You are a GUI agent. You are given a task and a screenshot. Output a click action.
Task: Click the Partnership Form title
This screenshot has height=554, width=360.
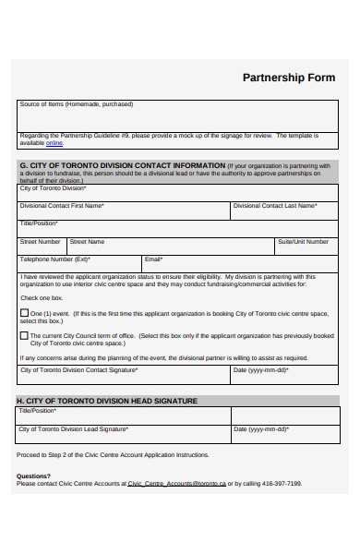click(x=288, y=78)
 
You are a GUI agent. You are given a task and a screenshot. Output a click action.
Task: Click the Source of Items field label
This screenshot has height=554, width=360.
click(x=77, y=104)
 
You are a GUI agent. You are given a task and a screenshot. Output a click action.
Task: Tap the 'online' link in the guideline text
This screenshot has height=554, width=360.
click(x=54, y=143)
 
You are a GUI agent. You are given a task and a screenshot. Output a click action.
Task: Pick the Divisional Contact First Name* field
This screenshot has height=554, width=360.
click(x=124, y=211)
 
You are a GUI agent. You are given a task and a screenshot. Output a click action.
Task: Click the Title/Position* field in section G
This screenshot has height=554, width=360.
click(x=179, y=228)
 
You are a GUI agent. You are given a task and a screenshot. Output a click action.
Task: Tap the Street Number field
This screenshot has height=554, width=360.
click(x=41, y=247)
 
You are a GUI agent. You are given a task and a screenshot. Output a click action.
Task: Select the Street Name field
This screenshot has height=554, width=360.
click(x=171, y=247)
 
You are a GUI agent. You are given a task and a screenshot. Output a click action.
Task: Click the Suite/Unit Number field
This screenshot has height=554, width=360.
click(x=306, y=247)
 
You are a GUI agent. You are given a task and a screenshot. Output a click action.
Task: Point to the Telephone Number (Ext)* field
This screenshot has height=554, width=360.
click(x=78, y=264)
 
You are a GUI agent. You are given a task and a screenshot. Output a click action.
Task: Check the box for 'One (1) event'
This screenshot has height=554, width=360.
click(x=25, y=313)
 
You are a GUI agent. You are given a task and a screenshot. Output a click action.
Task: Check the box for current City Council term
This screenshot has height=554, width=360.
click(x=25, y=336)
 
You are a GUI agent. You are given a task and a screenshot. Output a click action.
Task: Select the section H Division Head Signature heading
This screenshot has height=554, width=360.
click(x=107, y=401)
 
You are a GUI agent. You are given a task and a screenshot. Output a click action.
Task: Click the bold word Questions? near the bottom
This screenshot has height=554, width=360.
click(x=33, y=476)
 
